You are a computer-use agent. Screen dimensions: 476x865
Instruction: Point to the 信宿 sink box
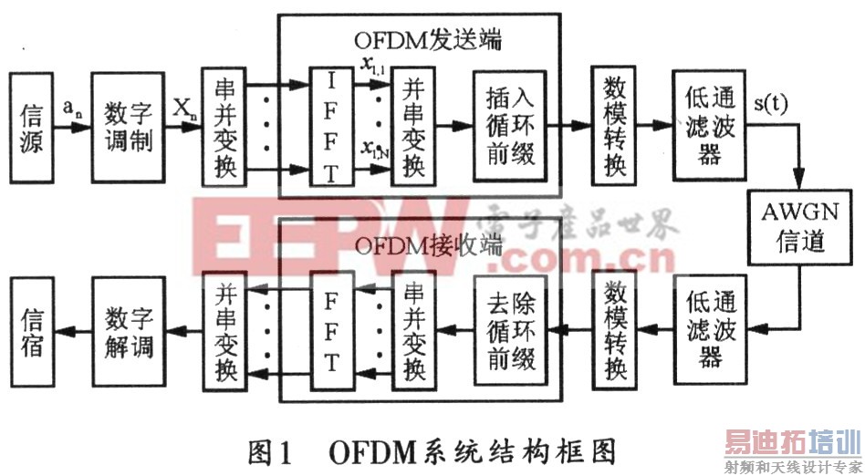pyautogui.click(x=31, y=335)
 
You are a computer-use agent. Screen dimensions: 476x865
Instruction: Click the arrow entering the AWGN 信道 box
pyautogui.click(x=800, y=179)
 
